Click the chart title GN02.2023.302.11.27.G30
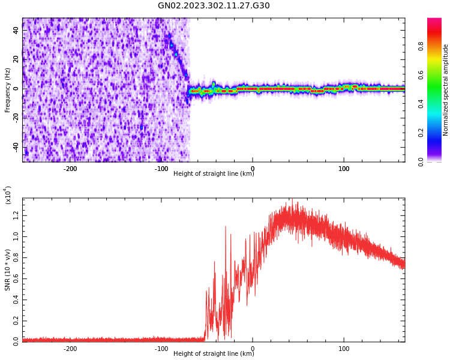(x=214, y=6)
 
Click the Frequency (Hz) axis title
(x=7, y=90)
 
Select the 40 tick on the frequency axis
(x=16, y=31)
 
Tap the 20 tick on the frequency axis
(x=16, y=59)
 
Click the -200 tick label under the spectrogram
(x=70, y=169)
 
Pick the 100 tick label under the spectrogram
(x=344, y=169)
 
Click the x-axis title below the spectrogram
(x=214, y=174)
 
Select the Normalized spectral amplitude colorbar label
(x=446, y=90)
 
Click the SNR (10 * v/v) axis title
(x=7, y=270)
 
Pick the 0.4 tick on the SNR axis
(x=16, y=299)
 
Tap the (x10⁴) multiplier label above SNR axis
(x=8, y=196)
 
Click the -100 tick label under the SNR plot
(x=161, y=349)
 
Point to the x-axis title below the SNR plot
(x=214, y=354)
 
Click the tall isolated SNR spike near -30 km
(x=226, y=227)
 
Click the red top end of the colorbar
(x=434, y=21)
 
